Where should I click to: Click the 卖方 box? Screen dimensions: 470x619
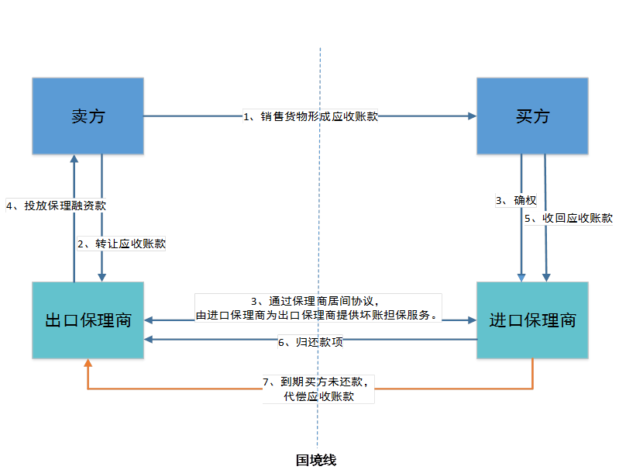point(88,116)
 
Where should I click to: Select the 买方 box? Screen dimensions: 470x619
point(532,116)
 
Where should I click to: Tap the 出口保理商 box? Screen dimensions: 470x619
point(88,321)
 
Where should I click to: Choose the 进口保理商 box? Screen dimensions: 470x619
point(532,321)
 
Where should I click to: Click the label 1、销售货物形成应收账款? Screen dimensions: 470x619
point(310,117)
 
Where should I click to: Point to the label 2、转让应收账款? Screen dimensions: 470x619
point(122,244)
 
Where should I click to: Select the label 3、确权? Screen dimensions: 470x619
point(516,201)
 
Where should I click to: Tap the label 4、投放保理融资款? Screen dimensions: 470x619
point(56,206)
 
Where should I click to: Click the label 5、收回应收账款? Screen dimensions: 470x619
point(569,219)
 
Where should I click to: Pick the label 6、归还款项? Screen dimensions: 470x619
point(310,342)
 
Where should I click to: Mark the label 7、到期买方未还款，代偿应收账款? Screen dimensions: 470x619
point(319,389)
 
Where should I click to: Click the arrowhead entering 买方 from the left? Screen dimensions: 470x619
point(471,117)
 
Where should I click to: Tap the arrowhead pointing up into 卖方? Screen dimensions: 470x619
point(74,158)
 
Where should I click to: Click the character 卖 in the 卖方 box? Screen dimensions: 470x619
point(78,116)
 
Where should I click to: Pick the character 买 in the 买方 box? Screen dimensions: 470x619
point(523,116)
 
